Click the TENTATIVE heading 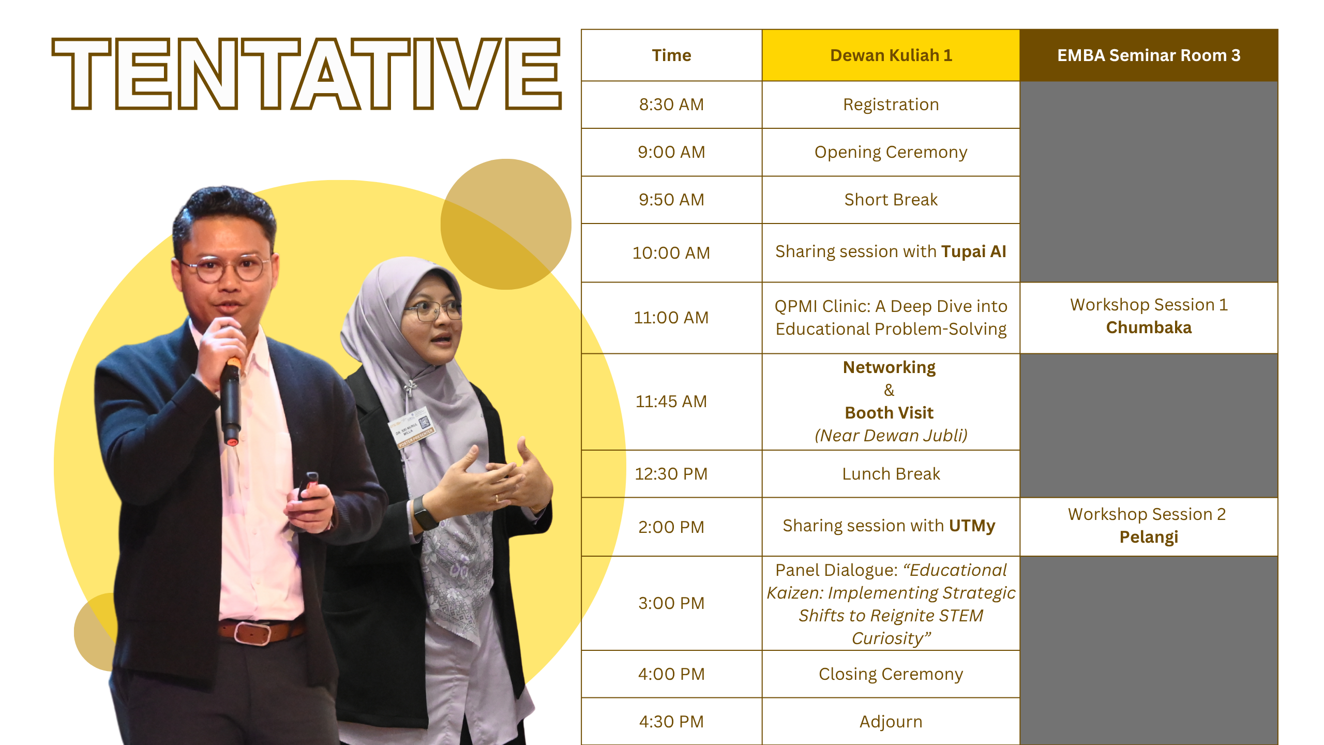click(x=307, y=73)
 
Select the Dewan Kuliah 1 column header click(x=891, y=55)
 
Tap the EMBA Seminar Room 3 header click(x=1149, y=55)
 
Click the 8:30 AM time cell click(x=671, y=105)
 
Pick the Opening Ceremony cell click(x=891, y=152)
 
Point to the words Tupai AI click(x=974, y=251)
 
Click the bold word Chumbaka click(x=1149, y=327)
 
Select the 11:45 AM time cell click(x=671, y=401)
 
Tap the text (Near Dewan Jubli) click(x=891, y=436)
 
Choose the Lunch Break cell click(x=891, y=474)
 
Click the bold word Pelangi click(x=1149, y=537)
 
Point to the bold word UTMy click(x=972, y=526)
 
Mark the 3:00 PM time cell click(x=671, y=603)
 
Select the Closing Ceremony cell click(x=891, y=674)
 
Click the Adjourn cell click(x=891, y=722)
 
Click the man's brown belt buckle click(x=252, y=632)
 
